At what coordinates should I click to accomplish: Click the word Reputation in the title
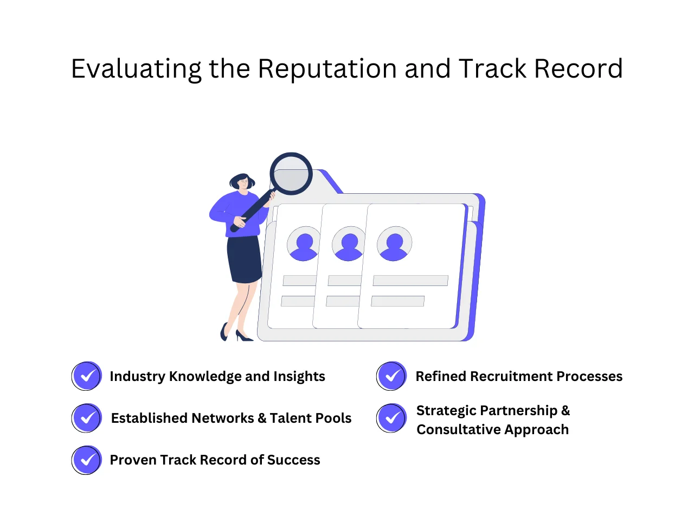(327, 69)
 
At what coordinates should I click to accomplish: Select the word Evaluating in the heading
(136, 69)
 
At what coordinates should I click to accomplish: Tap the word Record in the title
(578, 69)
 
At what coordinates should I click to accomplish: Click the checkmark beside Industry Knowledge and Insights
(87, 376)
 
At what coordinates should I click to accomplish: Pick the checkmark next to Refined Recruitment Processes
(391, 376)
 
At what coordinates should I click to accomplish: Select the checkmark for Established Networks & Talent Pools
(87, 418)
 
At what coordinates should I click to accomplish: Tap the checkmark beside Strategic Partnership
(391, 418)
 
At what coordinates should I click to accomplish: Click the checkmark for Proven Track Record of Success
(87, 460)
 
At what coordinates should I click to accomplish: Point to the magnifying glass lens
(291, 174)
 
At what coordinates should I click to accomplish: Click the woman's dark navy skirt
(245, 259)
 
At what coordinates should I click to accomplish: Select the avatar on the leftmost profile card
(304, 244)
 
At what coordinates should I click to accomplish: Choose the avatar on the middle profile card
(349, 244)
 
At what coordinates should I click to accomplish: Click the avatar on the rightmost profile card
(394, 244)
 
